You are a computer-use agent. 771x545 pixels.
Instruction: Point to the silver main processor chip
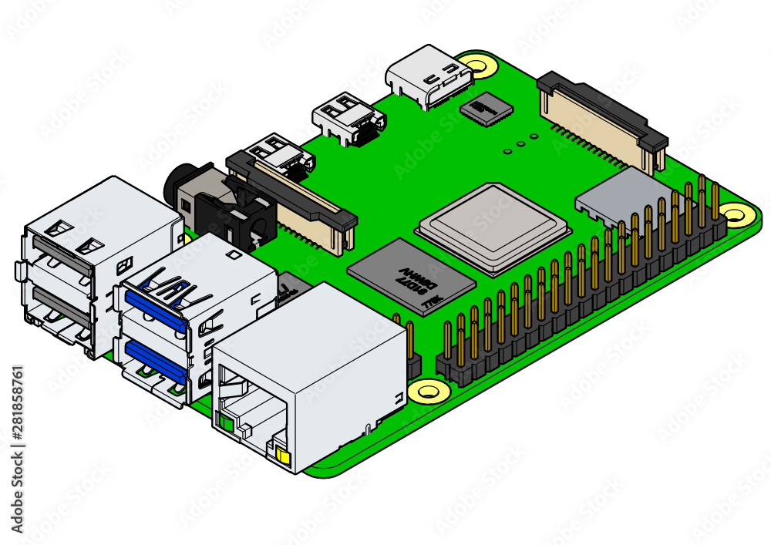492,227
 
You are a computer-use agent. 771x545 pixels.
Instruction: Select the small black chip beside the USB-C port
486,109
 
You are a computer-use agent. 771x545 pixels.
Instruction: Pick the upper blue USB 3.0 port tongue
156,311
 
